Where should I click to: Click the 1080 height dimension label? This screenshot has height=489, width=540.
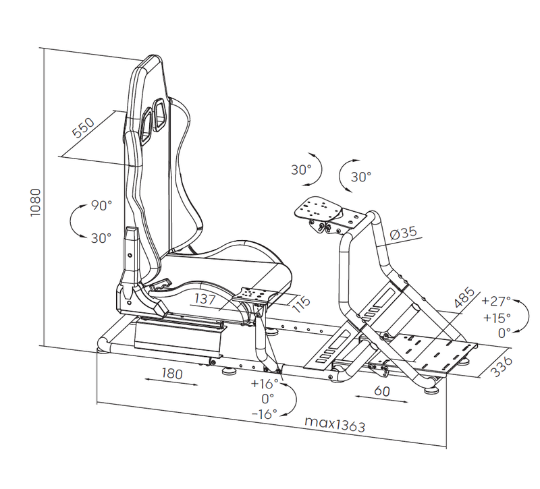point(36,203)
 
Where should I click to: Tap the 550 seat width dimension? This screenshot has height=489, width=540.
point(83,127)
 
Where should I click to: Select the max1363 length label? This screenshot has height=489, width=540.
point(334,424)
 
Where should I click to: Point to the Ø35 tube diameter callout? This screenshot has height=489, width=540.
point(403,233)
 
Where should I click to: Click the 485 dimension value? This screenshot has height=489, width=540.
point(464,297)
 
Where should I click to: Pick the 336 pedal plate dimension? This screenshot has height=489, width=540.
point(501,366)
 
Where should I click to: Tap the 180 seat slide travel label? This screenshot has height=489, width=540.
point(172,374)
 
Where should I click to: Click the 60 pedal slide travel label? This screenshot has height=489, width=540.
point(382,391)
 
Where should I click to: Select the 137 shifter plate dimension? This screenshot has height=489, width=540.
point(205,299)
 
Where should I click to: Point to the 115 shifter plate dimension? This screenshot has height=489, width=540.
point(301,304)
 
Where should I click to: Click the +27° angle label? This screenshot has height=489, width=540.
point(496,301)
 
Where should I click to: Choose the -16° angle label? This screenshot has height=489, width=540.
point(265,413)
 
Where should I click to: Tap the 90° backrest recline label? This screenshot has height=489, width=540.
point(102,206)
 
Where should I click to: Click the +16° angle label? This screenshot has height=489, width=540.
point(265,383)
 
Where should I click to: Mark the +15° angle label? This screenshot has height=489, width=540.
point(497,318)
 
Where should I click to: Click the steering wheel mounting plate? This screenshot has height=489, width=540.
point(318,208)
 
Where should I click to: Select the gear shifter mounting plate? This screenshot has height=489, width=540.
point(255,295)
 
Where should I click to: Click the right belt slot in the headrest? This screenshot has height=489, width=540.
point(159,115)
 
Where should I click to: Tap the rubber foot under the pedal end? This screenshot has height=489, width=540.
point(432,390)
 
